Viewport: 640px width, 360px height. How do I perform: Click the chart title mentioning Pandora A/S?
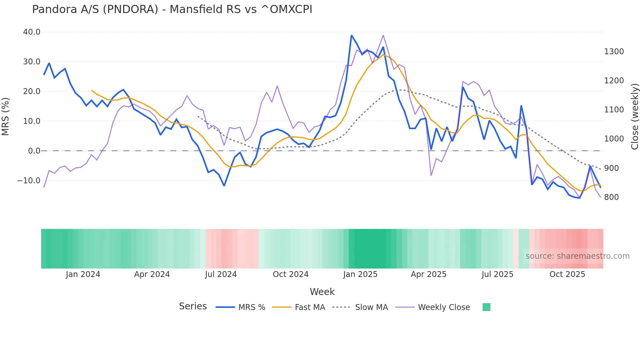[172, 9]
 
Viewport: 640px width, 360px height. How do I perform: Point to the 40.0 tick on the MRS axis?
[32, 32]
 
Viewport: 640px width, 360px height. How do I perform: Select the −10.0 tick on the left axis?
[29, 181]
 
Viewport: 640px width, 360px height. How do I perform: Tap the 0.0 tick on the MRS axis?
[34, 151]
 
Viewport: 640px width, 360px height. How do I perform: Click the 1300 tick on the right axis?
[614, 52]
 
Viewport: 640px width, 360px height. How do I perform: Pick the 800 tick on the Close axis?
[611, 197]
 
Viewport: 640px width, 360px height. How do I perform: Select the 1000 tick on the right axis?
[614, 139]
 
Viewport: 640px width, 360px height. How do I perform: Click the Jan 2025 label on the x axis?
[360, 274]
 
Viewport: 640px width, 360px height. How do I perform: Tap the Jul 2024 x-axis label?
[221, 274]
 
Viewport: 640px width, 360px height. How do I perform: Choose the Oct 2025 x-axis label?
[567, 274]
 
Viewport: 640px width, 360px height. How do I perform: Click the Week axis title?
[322, 292]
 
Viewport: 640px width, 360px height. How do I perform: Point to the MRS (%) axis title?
[6, 117]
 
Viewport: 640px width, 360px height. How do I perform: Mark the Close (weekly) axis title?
[634, 117]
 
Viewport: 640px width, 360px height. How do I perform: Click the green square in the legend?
[486, 307]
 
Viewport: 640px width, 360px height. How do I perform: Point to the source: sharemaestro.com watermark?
[577, 256]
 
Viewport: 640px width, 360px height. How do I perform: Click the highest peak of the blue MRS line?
[351, 35]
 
